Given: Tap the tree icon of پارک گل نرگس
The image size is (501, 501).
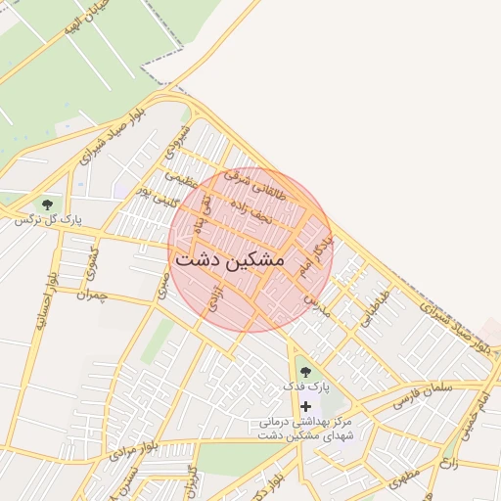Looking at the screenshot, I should tap(48, 205).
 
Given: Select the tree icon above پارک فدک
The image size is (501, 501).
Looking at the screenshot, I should tap(306, 371).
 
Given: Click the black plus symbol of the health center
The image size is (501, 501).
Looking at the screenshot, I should tap(306, 406).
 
